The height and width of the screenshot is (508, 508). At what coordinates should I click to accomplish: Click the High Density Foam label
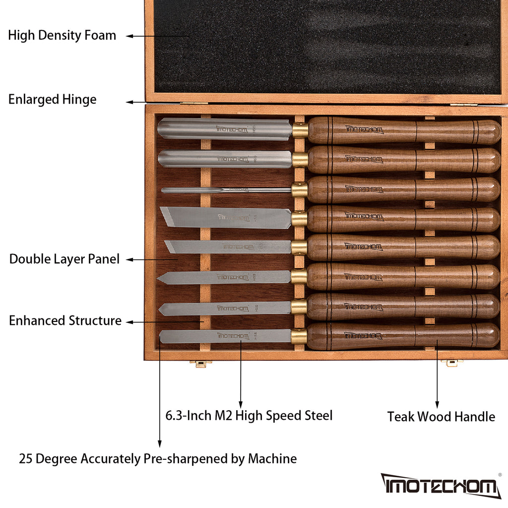click(x=62, y=36)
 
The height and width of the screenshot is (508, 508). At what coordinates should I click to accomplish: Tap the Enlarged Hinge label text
click(x=52, y=100)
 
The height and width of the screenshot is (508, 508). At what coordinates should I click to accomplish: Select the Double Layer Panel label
click(x=64, y=259)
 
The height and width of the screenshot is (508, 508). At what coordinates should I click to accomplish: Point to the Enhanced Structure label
click(x=65, y=321)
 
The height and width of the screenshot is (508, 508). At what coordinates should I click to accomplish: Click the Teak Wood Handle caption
click(x=441, y=417)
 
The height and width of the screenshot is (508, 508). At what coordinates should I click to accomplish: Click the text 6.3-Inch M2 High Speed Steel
click(x=249, y=415)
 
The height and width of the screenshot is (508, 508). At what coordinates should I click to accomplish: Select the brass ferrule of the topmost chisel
click(x=300, y=130)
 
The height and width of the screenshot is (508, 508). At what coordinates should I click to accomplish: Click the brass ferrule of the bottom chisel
click(x=299, y=336)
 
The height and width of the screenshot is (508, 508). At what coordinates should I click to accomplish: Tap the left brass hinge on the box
click(x=193, y=104)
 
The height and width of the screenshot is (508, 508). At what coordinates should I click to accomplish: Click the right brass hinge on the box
click(x=463, y=104)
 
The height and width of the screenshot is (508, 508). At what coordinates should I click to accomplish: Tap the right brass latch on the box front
click(x=451, y=363)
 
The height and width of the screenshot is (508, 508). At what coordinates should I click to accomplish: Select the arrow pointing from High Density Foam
click(x=144, y=36)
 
